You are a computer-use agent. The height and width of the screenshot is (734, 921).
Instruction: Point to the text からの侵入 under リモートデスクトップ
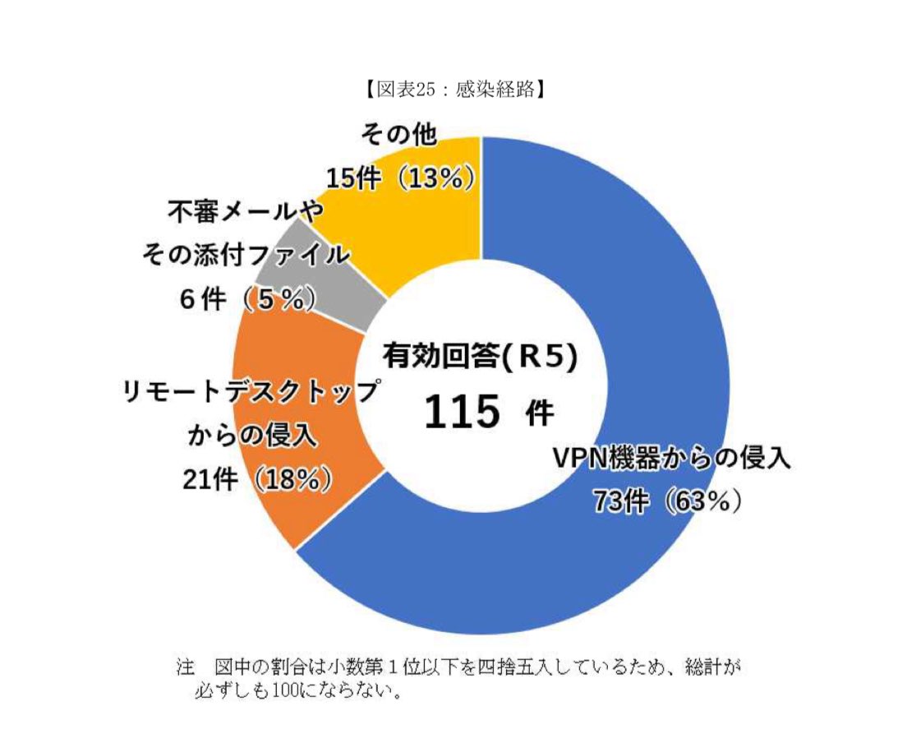point(253,435)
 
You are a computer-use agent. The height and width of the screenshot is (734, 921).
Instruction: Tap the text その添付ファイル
point(246,256)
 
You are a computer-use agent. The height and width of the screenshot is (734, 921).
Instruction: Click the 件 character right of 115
point(538,413)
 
